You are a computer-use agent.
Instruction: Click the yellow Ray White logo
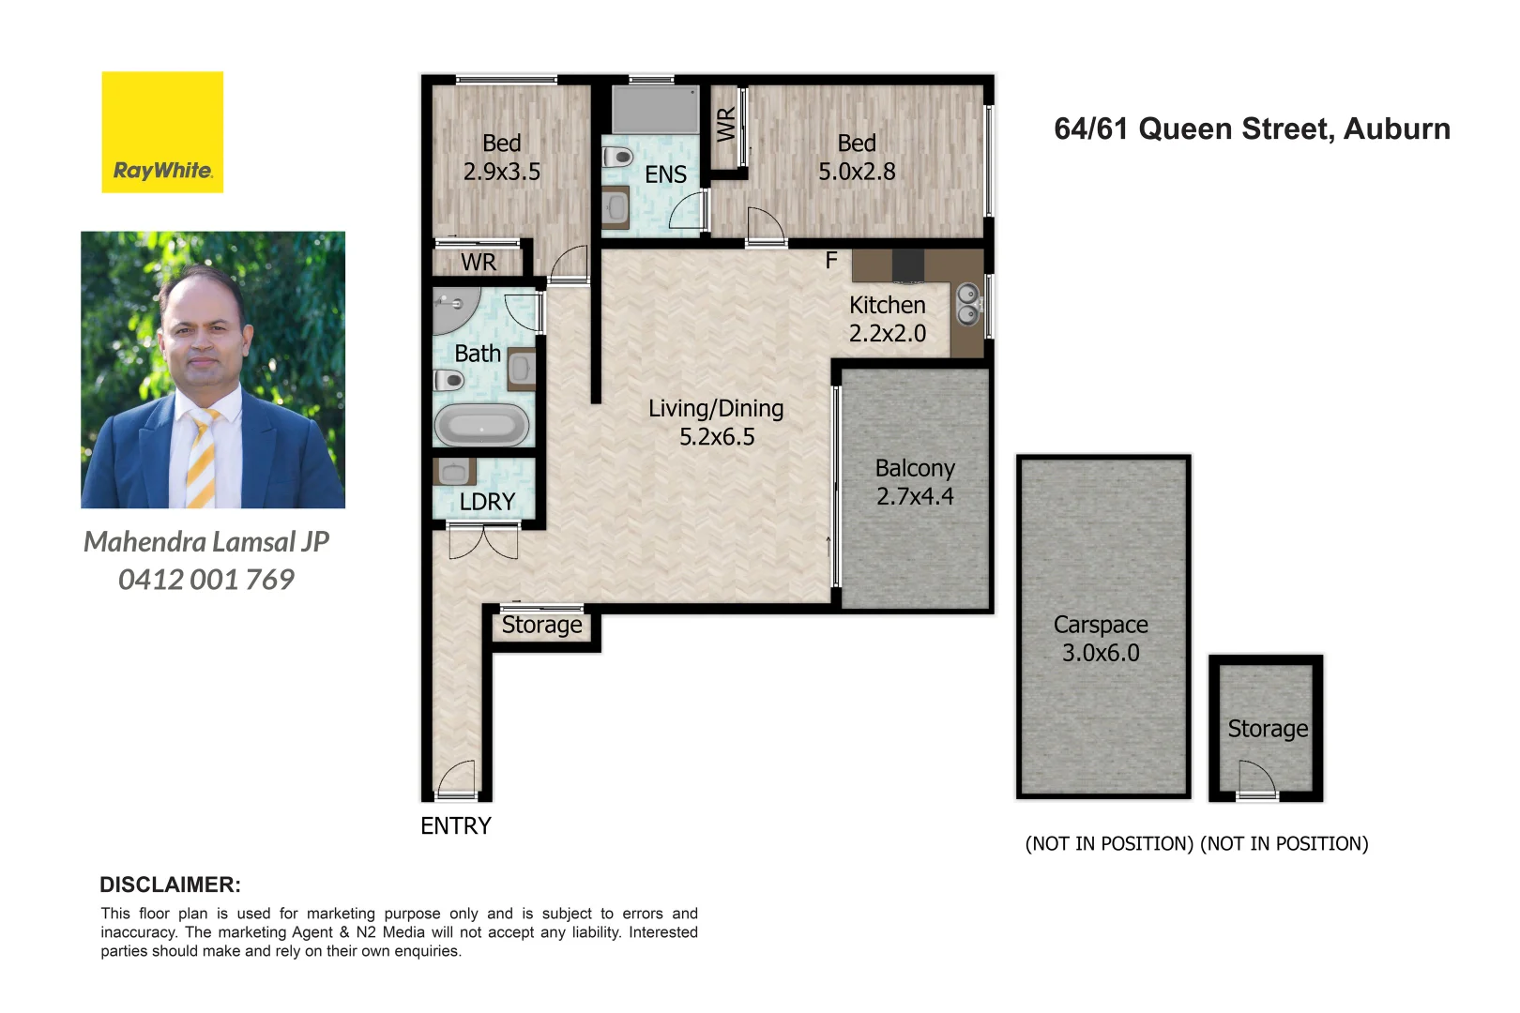[x=162, y=132]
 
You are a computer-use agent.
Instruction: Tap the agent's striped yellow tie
[x=202, y=459]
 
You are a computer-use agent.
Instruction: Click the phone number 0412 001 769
[x=206, y=580]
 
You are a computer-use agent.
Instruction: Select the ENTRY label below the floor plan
[x=455, y=825]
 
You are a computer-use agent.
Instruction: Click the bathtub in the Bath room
[x=481, y=426]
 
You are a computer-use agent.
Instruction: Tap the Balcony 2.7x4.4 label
[x=915, y=482]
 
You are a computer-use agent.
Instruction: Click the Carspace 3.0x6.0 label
[x=1101, y=639]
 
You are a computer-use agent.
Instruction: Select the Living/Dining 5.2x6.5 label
[x=716, y=422]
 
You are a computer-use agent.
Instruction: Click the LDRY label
[x=487, y=502]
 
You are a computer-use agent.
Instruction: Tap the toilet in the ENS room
[x=617, y=157]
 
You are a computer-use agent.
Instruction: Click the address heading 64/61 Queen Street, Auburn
[x=1252, y=129]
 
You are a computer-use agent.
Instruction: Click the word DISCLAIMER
[x=170, y=884]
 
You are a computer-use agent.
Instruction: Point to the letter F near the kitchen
[x=830, y=261]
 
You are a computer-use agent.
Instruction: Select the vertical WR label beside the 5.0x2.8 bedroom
[x=726, y=125]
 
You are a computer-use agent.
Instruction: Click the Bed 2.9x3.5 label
[x=502, y=158]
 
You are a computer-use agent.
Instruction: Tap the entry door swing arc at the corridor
[x=457, y=778]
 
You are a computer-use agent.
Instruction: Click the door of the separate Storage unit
[x=1257, y=779]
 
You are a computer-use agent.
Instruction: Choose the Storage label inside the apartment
[x=541, y=625]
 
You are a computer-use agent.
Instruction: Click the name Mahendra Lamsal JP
[x=206, y=542]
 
